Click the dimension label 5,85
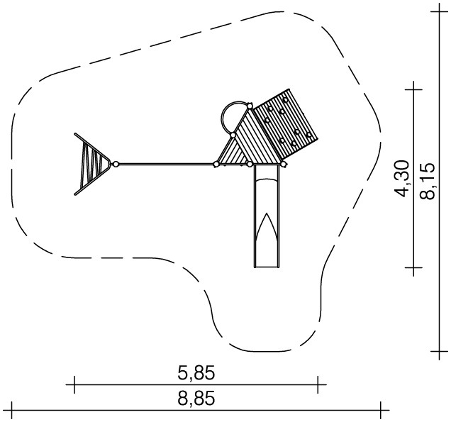[x=196, y=373]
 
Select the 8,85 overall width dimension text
[x=196, y=399]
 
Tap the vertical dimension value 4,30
[x=401, y=179]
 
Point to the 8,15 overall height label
[x=427, y=182]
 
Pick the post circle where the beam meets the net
[x=116, y=165]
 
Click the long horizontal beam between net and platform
[x=166, y=165]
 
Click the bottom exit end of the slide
[x=267, y=267]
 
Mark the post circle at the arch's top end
[x=250, y=106]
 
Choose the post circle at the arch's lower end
[x=233, y=135]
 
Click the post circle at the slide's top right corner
[x=284, y=165]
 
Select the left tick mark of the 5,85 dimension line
[x=74, y=384]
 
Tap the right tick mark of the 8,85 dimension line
[x=381, y=410]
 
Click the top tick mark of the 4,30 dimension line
[x=413, y=89]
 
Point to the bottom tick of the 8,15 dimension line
[x=439, y=351]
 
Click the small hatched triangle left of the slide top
[x=233, y=152]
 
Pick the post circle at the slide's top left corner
[x=250, y=165]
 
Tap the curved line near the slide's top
[x=267, y=179]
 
